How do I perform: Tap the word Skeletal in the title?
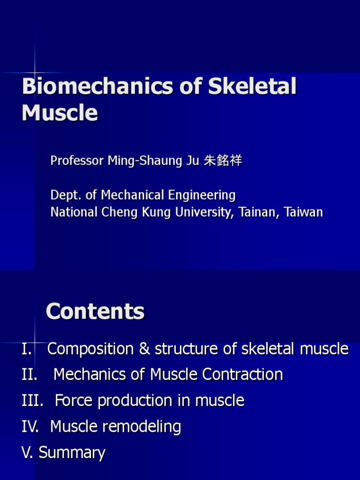tap(252, 88)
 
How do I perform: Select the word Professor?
tap(77, 161)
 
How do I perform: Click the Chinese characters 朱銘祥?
tap(223, 161)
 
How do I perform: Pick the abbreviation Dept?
tap(62, 195)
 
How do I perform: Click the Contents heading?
tap(95, 312)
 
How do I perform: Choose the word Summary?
tap(72, 453)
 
